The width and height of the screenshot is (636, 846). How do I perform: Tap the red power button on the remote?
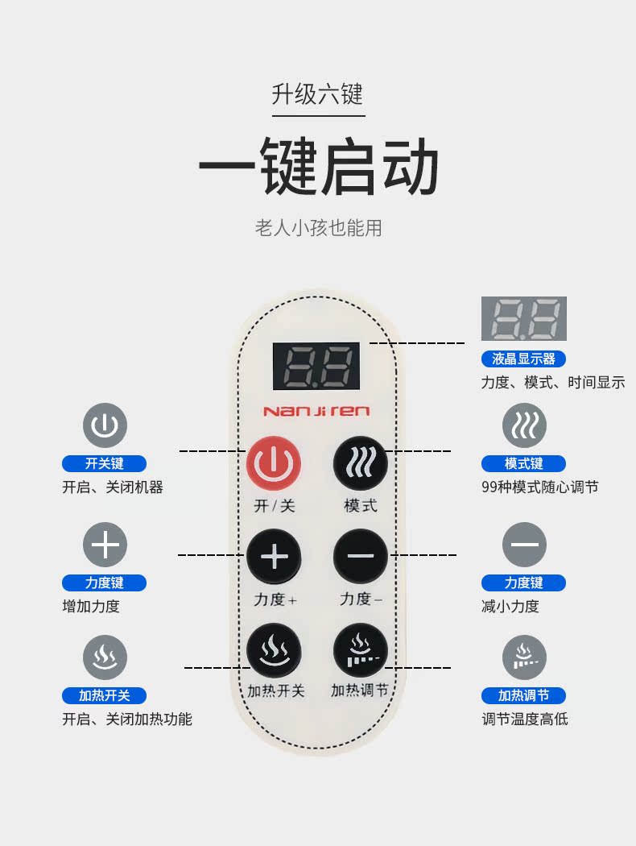273,464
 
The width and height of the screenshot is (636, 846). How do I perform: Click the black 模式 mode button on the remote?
361,464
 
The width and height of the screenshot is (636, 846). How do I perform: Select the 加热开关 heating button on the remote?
274,649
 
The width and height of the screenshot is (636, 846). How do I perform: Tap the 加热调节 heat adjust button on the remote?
361,649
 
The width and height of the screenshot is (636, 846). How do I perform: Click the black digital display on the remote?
316,364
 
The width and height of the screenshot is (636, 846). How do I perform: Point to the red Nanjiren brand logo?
316,411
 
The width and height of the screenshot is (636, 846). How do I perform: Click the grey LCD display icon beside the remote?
523,318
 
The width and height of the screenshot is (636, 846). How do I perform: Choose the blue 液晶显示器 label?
523,359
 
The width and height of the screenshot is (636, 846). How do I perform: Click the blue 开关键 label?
104,463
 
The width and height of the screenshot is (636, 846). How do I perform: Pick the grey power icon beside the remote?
105,426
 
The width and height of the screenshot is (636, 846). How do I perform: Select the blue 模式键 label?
523,463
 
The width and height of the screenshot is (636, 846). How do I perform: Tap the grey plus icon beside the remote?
105,545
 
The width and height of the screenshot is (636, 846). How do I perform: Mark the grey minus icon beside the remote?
524,545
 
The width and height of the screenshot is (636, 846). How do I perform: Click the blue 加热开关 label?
104,695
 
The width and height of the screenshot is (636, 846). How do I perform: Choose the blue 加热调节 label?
523,695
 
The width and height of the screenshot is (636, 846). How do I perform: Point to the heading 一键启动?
318,168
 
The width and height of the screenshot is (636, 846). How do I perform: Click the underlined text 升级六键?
318,95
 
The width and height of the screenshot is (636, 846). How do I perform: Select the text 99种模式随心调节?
539,487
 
